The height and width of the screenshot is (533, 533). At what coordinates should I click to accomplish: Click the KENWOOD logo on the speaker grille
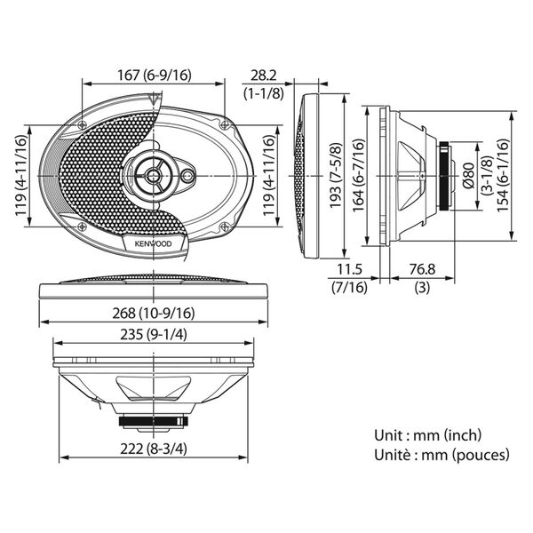[x=154, y=243]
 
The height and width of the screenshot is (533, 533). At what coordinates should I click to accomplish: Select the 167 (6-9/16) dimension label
[x=155, y=76]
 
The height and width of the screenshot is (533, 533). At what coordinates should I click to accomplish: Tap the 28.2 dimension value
[x=264, y=76]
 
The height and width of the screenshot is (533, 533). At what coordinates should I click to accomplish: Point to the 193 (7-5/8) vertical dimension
[x=336, y=175]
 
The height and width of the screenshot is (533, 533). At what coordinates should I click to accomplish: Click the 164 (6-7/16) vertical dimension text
[x=358, y=175]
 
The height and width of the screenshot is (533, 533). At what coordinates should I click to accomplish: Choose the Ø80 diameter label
[x=468, y=175]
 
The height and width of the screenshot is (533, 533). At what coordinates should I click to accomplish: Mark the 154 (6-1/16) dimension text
[x=503, y=175]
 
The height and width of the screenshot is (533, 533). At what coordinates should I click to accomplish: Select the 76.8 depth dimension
[x=422, y=269]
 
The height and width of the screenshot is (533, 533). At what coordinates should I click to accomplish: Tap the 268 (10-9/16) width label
[x=154, y=313]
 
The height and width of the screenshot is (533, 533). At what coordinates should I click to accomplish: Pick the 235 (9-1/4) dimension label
[x=154, y=335]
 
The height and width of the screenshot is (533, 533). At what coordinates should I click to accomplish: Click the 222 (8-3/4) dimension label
[x=154, y=449]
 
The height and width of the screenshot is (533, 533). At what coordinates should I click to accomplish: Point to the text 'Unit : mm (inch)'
[x=427, y=435]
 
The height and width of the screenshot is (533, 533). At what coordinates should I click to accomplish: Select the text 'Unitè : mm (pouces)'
[x=442, y=455]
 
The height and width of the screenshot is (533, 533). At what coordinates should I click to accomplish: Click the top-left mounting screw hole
[x=82, y=124]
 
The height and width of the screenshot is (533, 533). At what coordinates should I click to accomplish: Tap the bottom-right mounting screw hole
[x=225, y=226]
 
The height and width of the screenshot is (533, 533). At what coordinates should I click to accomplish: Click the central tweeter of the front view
[x=154, y=175]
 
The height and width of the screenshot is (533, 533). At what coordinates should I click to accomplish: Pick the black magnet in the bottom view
[x=154, y=421]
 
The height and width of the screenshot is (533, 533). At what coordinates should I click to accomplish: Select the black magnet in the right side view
[x=443, y=175]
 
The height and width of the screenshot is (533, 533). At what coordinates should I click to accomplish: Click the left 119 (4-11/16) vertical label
[x=20, y=175]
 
